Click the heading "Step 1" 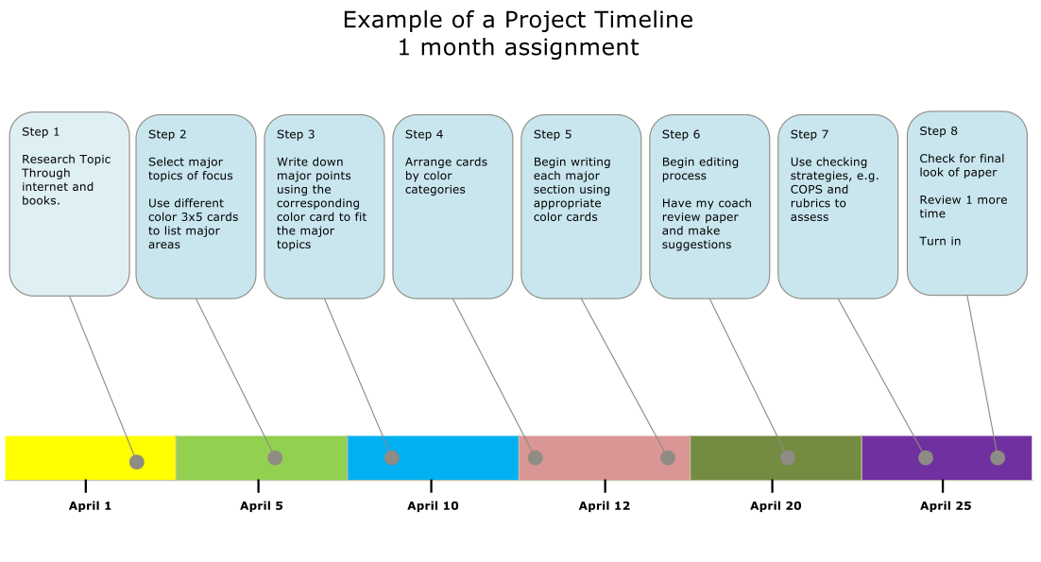[41, 132]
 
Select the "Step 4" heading [424, 135]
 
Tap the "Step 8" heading [938, 131]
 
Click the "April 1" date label [91, 505]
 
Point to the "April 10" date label [433, 505]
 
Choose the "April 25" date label [946, 505]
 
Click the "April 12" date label [605, 505]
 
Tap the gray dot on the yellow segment [137, 462]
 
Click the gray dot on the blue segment [392, 458]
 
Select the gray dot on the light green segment [275, 458]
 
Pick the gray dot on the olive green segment [788, 458]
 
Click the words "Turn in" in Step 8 [940, 242]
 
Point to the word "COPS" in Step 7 [806, 190]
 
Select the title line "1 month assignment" [519, 48]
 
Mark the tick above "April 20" [772, 486]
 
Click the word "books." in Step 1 [42, 201]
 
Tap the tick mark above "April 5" [258, 486]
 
